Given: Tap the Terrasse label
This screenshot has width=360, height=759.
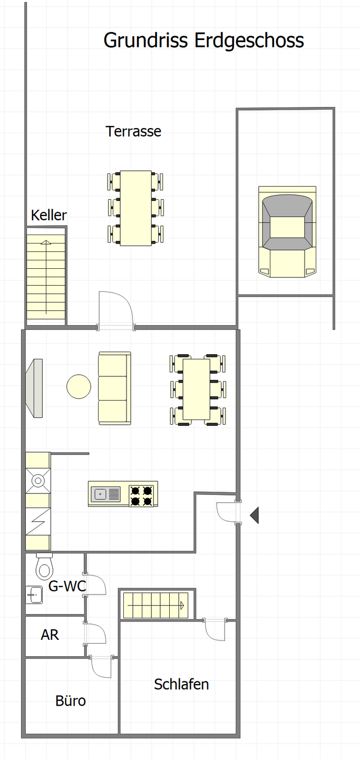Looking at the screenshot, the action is pyautogui.click(x=133, y=131).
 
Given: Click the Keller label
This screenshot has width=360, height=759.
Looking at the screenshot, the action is pyautogui.click(x=49, y=215).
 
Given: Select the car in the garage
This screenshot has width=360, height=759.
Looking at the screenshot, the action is pyautogui.click(x=287, y=232).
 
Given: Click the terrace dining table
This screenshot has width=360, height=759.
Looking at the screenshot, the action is pyautogui.click(x=135, y=208).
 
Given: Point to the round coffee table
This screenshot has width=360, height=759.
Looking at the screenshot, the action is pyautogui.click(x=79, y=386).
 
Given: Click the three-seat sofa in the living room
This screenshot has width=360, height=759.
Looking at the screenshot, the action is pyautogui.click(x=114, y=388).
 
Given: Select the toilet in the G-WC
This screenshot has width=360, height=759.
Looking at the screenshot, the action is pyautogui.click(x=44, y=567).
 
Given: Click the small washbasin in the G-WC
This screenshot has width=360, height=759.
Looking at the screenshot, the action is pyautogui.click(x=34, y=595).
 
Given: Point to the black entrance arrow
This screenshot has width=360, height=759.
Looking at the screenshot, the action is pyautogui.click(x=254, y=515).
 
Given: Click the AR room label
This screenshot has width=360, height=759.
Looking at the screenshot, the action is pyautogui.click(x=50, y=635).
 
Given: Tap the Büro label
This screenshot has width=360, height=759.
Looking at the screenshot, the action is pyautogui.click(x=71, y=700).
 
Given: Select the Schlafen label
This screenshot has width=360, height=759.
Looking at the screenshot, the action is pyautogui.click(x=181, y=685).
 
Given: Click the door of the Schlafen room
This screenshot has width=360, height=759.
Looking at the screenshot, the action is pyautogui.click(x=215, y=630).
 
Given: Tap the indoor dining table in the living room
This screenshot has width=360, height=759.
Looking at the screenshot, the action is pyautogui.click(x=196, y=390).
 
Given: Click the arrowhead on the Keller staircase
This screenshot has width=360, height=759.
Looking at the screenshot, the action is pyautogui.click(x=46, y=242).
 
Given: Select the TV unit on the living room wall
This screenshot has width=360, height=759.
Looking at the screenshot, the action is pyautogui.click(x=35, y=388).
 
